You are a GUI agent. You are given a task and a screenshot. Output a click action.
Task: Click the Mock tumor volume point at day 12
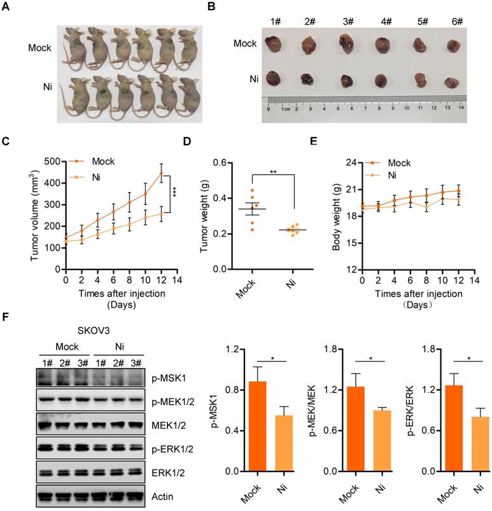161,173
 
